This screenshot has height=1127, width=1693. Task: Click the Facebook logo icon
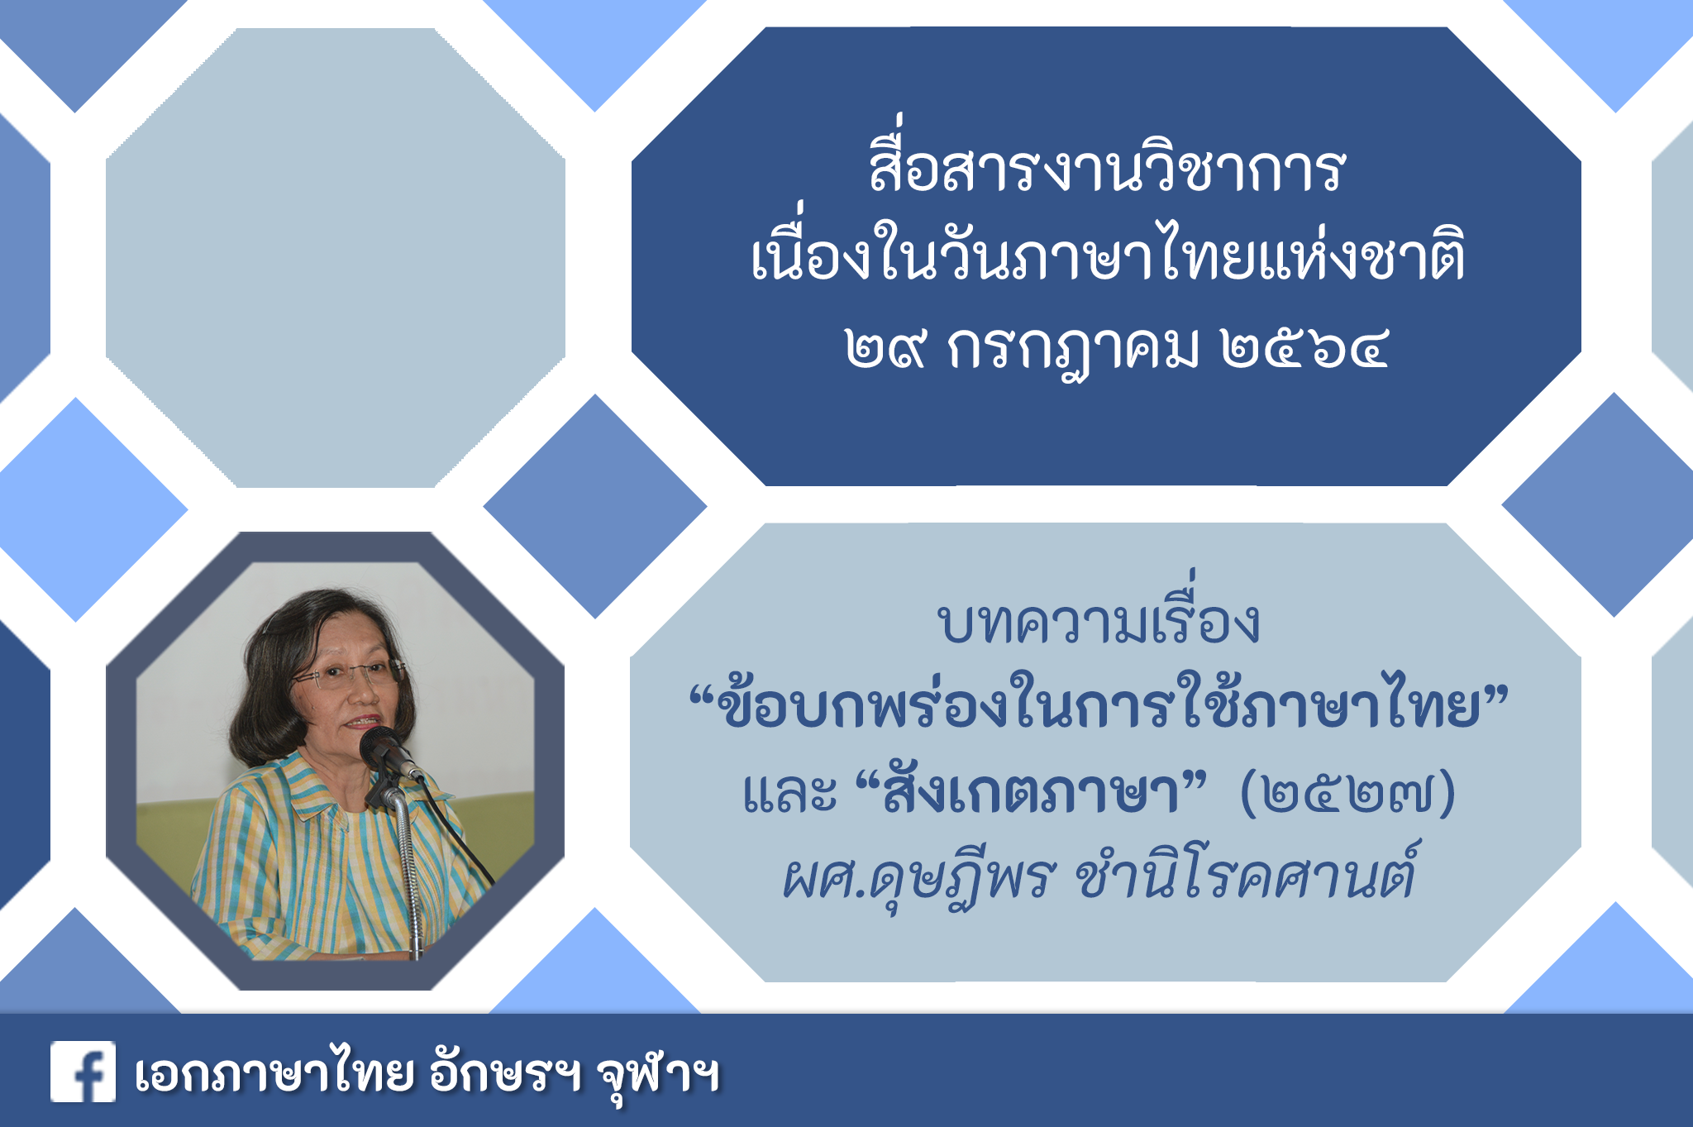pyautogui.click(x=83, y=1072)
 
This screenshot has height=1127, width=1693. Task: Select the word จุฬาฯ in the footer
pyautogui.click(x=658, y=1077)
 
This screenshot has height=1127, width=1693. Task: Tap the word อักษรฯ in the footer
pyautogui.click(x=505, y=1072)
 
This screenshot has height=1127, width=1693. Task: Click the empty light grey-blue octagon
pyautogui.click(x=336, y=257)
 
